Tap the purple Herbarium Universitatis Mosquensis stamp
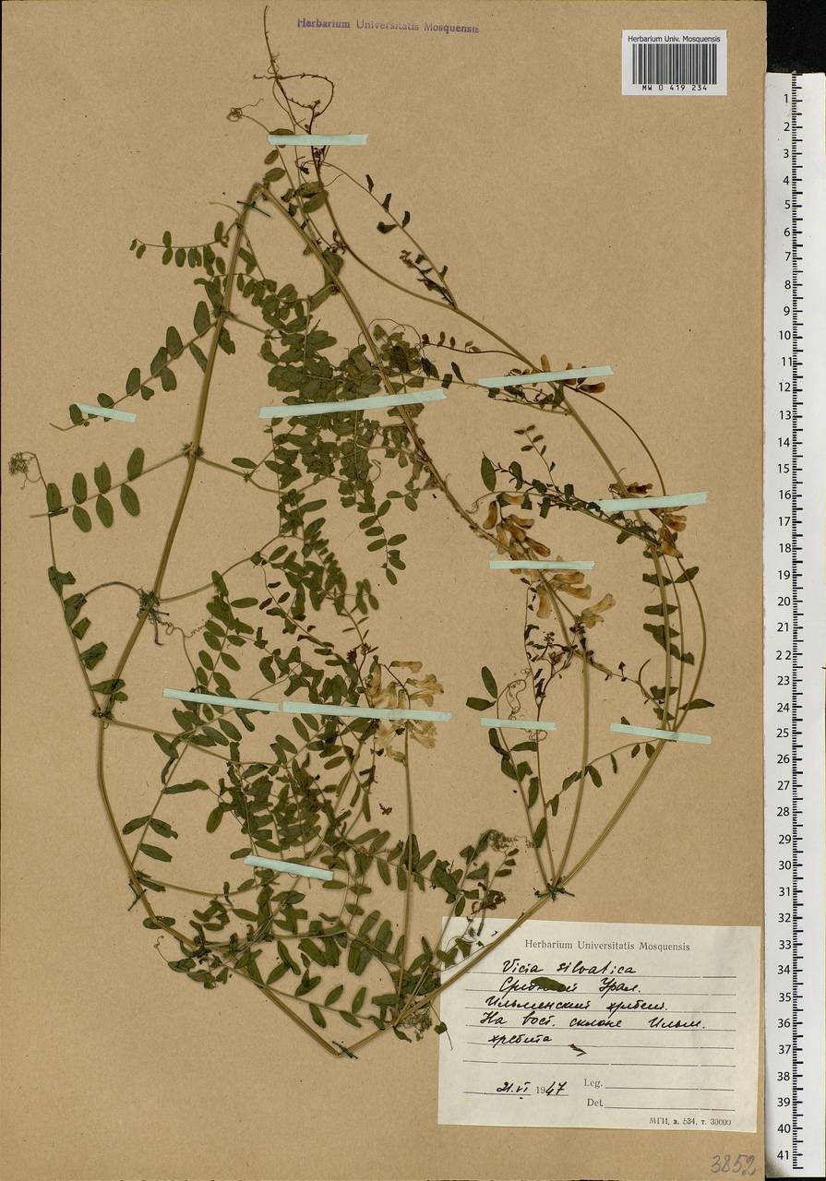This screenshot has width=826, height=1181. [x=388, y=27]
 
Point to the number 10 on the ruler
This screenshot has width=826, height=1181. [x=784, y=336]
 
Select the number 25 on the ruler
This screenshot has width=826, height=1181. [x=784, y=733]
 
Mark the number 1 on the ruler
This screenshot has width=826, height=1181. [x=786, y=99]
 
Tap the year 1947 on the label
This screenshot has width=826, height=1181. [x=551, y=1088]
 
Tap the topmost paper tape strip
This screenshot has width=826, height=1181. [x=317, y=140]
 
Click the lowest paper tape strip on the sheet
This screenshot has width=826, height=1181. [x=288, y=867]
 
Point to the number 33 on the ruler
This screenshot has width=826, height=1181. [x=784, y=944]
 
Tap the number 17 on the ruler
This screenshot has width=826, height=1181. [x=784, y=520]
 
